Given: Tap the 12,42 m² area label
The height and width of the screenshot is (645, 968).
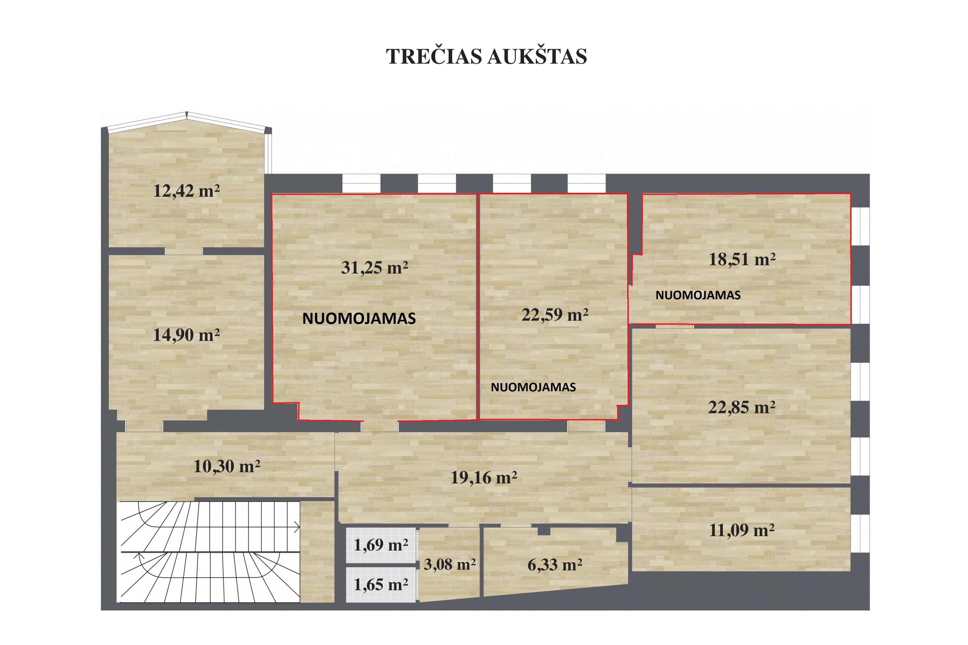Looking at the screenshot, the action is (186, 191).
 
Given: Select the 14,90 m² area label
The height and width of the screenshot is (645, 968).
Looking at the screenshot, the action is (186, 335).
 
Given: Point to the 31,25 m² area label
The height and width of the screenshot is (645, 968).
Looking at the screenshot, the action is (374, 268).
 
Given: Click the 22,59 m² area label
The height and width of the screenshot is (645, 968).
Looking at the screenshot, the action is (555, 315).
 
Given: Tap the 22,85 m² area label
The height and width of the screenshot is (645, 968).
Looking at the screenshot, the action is (742, 407).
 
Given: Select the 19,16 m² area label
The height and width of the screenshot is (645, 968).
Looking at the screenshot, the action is (484, 477).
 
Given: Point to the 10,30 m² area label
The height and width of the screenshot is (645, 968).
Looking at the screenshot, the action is (227, 466).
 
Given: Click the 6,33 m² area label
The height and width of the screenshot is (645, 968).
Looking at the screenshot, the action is (555, 565).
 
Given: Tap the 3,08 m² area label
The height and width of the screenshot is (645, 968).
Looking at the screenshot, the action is (450, 564).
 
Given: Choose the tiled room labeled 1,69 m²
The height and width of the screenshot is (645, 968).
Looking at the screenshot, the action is (381, 545).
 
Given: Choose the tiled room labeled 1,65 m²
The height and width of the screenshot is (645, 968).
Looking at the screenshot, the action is (381, 585).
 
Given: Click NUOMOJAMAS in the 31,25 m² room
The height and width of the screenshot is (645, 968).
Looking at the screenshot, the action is (359, 318).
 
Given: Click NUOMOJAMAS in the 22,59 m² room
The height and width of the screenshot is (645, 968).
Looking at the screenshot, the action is (533, 387).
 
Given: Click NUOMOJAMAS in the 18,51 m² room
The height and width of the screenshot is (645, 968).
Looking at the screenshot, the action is (698, 295).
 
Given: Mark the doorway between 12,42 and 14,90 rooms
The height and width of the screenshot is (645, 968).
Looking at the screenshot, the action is (184, 251).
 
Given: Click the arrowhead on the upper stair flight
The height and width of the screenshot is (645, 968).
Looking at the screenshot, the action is (297, 526).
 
